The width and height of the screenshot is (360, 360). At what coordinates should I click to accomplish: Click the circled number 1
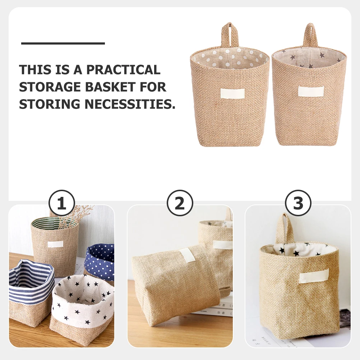tap(61, 203)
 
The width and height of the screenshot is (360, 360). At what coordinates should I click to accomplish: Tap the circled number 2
tap(180, 203)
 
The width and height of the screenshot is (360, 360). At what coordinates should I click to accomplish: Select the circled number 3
tap(298, 203)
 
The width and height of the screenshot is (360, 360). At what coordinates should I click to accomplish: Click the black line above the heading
tap(63, 43)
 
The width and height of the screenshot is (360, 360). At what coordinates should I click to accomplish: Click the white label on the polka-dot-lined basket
tap(232, 93)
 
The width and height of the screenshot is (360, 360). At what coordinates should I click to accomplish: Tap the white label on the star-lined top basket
tap(311, 91)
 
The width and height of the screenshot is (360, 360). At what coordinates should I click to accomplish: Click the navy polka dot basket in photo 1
tap(100, 262)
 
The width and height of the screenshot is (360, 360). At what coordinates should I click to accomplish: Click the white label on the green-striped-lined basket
tap(55, 244)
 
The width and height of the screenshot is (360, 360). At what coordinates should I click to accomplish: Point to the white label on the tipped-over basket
tap(187, 255)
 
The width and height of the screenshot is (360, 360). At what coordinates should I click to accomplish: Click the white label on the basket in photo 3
tap(314, 275)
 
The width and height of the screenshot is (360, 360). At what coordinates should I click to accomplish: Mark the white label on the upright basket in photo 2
tap(222, 245)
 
